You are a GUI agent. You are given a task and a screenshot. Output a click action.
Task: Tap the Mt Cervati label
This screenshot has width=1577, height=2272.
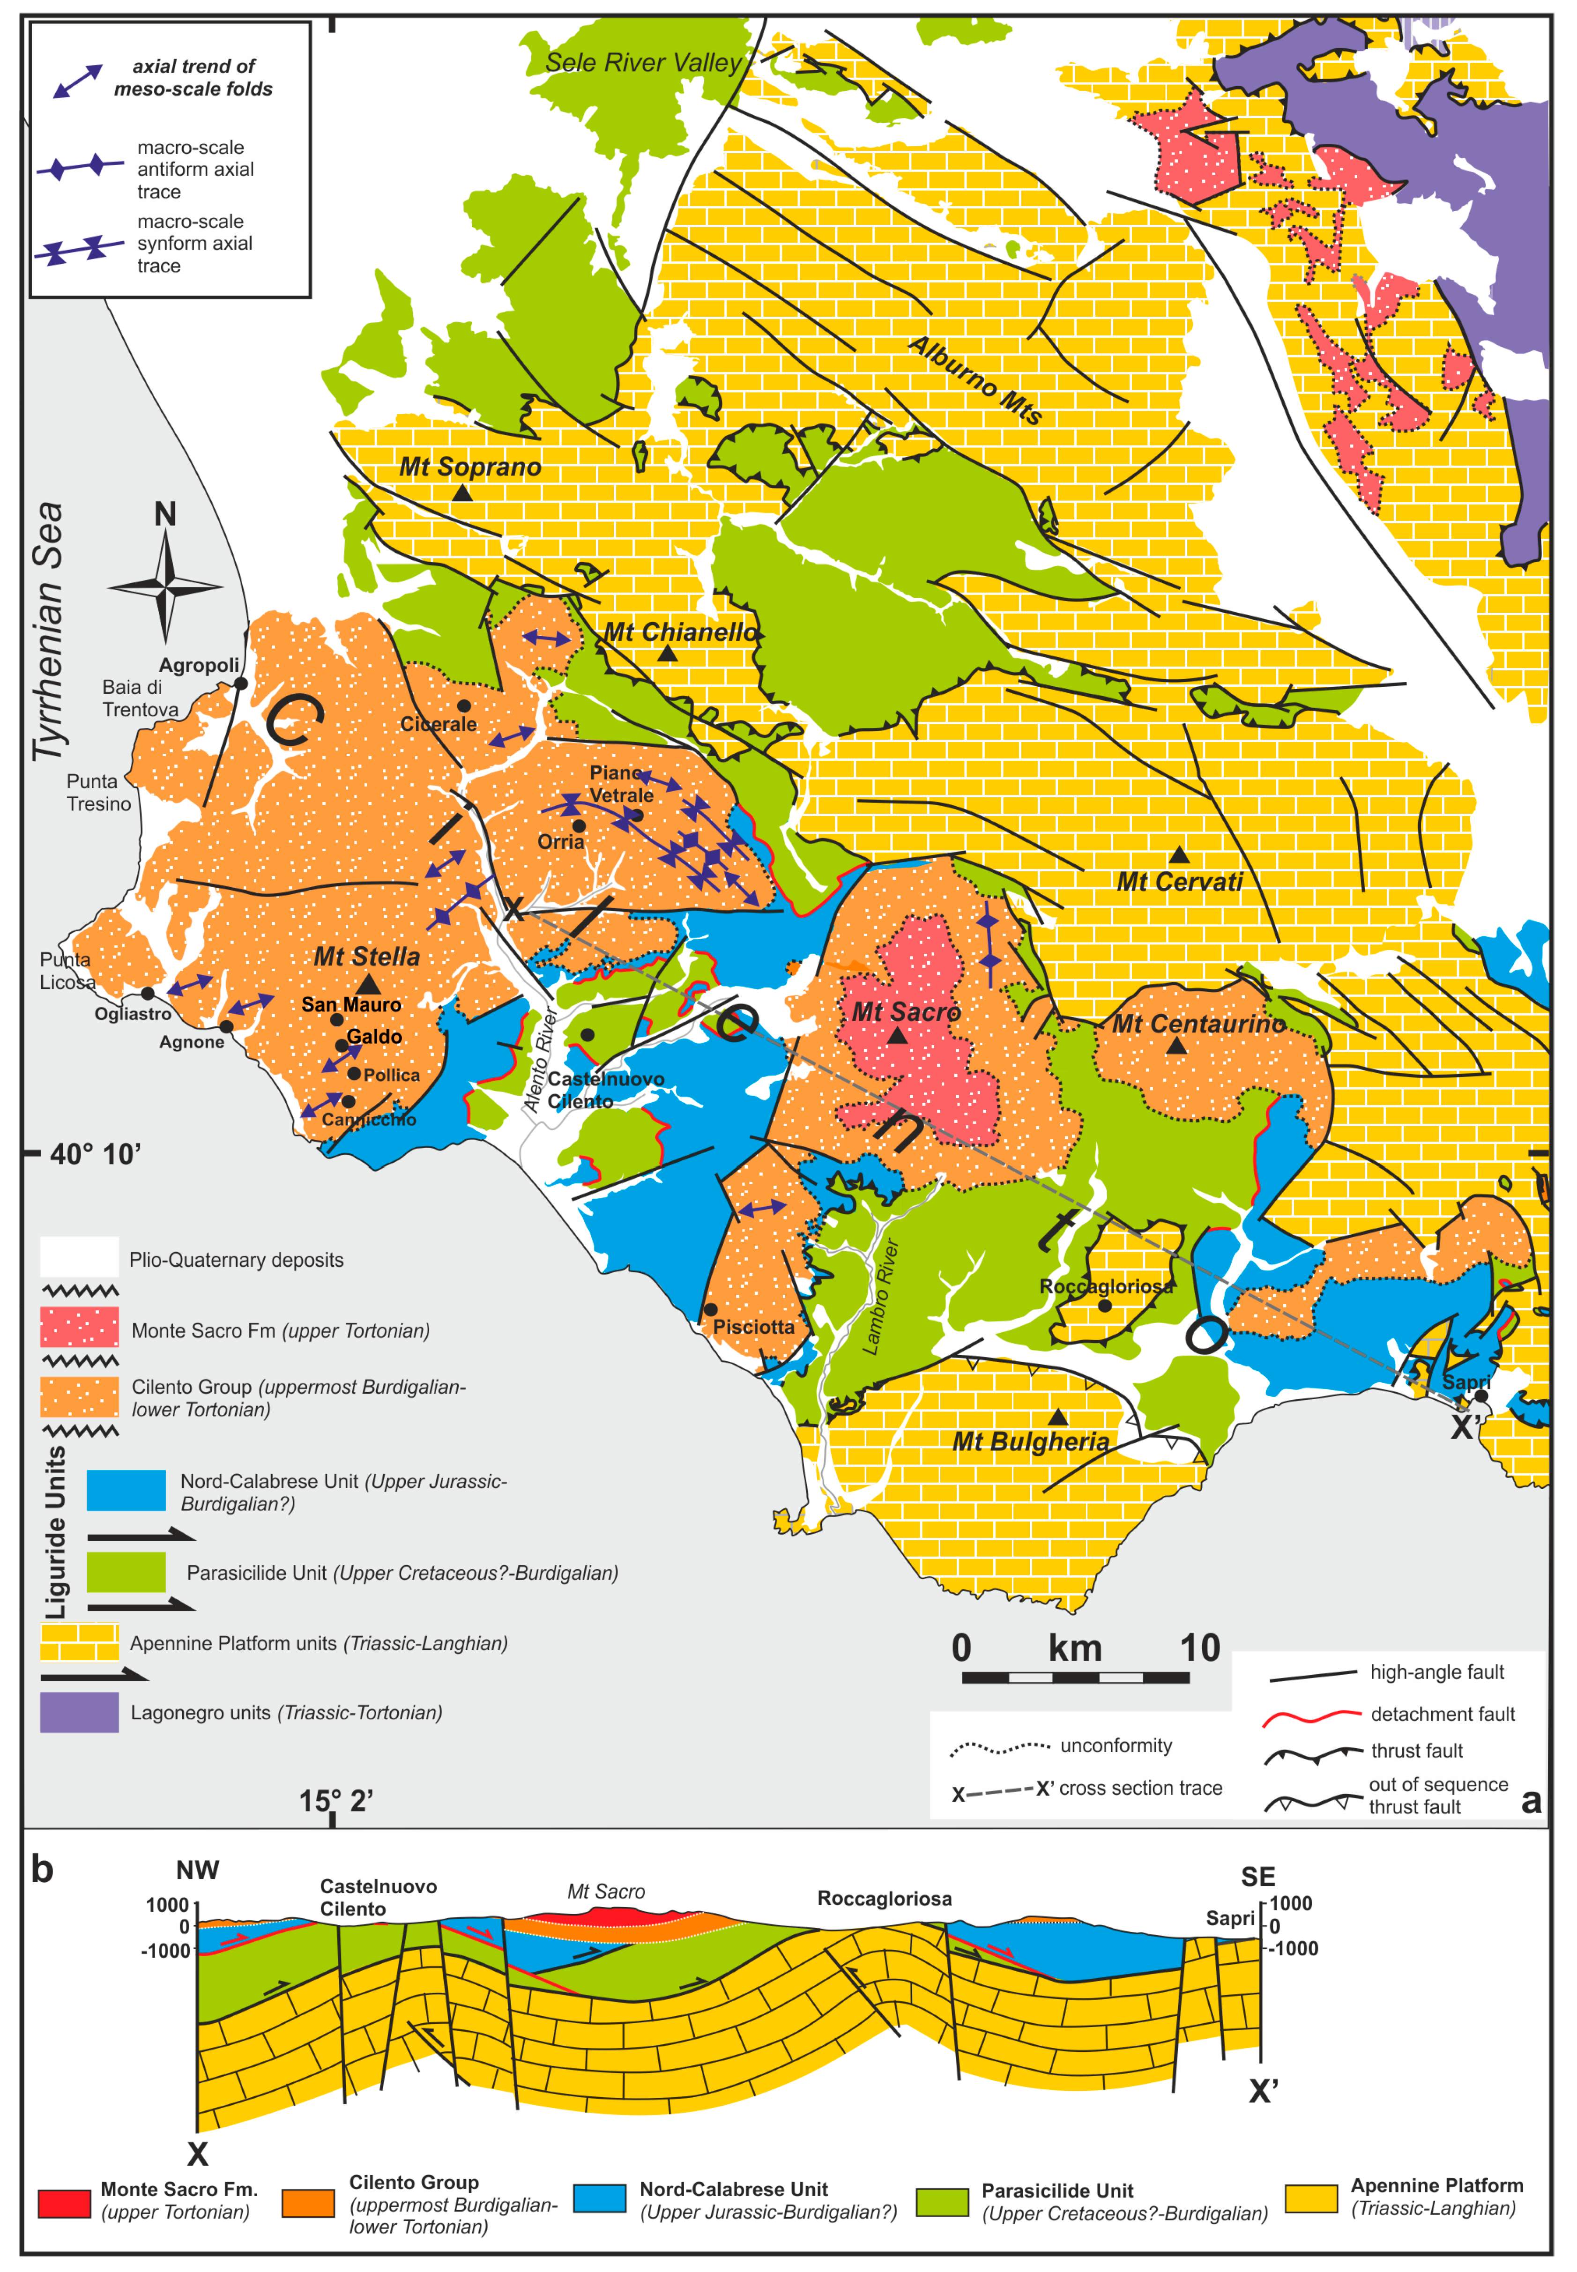point(1179,882)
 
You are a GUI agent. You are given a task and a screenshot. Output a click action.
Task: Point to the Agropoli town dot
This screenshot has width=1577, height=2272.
point(240,683)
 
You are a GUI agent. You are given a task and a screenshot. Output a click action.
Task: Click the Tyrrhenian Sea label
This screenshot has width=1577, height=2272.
point(47,632)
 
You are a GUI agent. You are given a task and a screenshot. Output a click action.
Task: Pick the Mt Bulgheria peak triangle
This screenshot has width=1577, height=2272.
point(1057,1418)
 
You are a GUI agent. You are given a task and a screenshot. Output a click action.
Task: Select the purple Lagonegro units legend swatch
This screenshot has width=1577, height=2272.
point(79,1712)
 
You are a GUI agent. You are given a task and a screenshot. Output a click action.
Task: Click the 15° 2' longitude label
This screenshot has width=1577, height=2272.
point(336,1800)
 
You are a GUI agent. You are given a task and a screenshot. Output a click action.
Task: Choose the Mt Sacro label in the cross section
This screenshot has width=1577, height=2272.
point(606,1891)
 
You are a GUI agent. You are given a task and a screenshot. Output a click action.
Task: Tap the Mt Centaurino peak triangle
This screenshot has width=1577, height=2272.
point(1176,1045)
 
